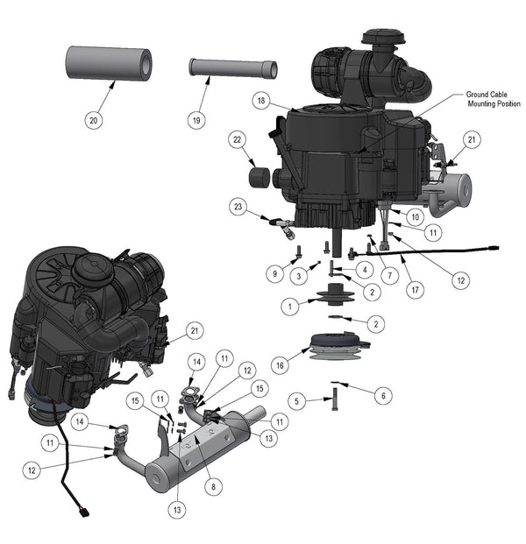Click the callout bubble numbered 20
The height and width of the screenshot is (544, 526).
tap(94, 120)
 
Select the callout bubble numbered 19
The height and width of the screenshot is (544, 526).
tap(196, 120)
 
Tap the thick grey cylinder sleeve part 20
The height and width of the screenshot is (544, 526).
tap(109, 63)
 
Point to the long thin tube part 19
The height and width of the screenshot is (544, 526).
tap(233, 67)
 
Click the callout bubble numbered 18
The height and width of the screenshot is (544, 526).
tap(261, 101)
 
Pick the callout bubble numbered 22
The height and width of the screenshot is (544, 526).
tap(237, 139)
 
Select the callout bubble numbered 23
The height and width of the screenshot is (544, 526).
tap(238, 207)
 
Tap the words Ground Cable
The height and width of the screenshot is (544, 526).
tap(487, 95)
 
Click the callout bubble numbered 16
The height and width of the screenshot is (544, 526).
tap(280, 365)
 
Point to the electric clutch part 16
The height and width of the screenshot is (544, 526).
tap(339, 347)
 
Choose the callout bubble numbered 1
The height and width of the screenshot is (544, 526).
tap(290, 307)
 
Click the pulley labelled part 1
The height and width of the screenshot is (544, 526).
tap(335, 294)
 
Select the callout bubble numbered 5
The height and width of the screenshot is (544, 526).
tap(296, 401)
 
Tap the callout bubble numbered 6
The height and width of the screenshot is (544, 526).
tap(383, 395)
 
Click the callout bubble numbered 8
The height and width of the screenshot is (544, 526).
tap(213, 487)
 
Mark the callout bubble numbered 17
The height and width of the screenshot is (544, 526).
tap(416, 290)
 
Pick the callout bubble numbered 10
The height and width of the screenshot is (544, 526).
tap(416, 217)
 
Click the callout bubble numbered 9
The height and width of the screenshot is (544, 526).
tap(274, 273)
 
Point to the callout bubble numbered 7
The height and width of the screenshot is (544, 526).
tap(389, 276)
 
